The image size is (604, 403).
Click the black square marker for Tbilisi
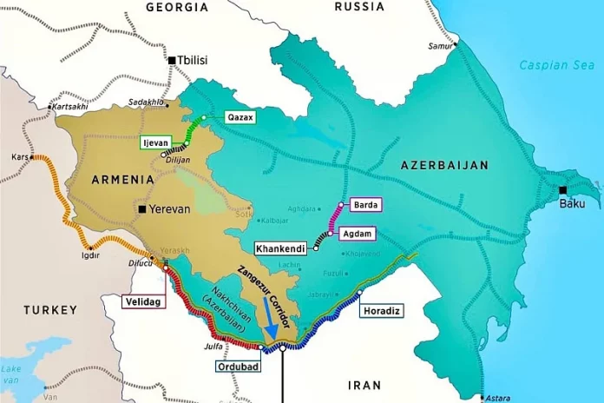172,60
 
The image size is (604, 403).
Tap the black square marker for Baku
562,190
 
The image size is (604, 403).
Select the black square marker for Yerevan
139,209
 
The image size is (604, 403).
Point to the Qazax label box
240,116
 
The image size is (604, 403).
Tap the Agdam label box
362,233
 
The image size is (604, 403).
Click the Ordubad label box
235,366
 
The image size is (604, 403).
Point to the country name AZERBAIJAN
445,164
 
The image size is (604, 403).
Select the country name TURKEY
50,309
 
